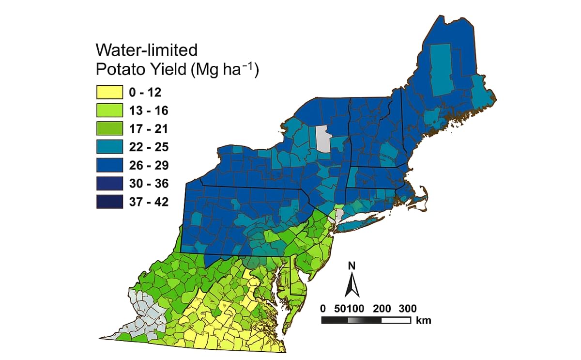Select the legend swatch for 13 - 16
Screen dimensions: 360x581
(x=109, y=111)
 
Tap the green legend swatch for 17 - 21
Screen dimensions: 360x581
(x=109, y=129)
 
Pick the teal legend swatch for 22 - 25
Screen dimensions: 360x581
(x=109, y=147)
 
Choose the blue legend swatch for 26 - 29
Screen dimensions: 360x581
(x=109, y=166)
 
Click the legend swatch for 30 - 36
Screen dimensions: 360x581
(x=109, y=184)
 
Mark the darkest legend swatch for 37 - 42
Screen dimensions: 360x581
(x=109, y=202)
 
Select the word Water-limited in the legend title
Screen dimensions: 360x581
(x=147, y=50)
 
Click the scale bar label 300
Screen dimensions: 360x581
(x=407, y=308)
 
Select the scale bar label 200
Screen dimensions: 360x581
(x=382, y=308)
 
